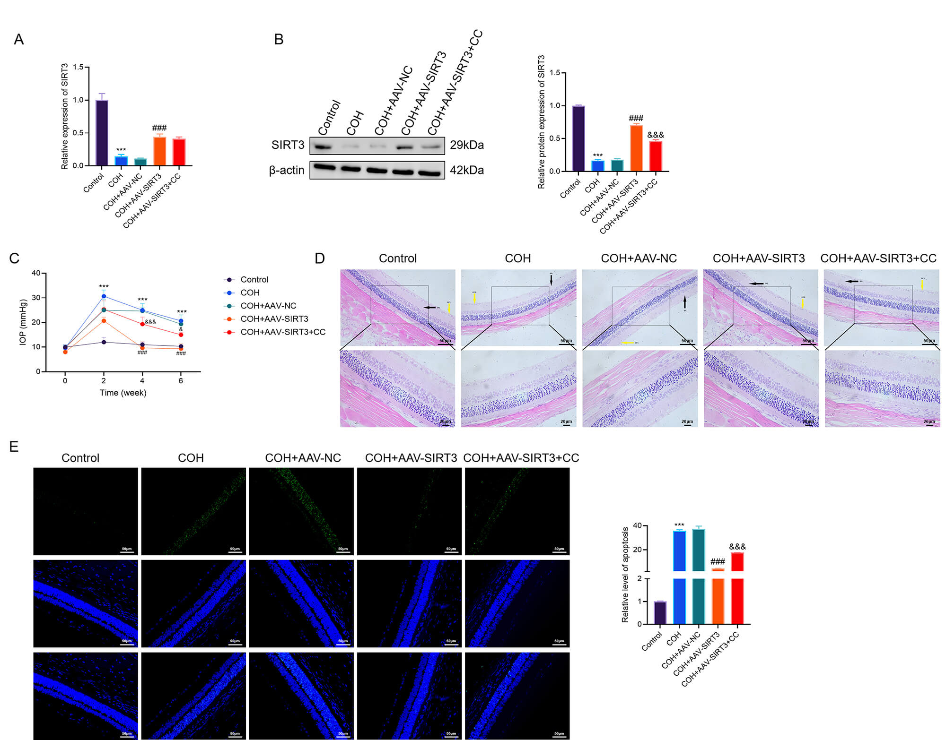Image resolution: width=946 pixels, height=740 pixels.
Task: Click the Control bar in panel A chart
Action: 102,133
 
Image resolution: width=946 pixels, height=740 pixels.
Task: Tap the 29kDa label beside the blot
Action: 466,145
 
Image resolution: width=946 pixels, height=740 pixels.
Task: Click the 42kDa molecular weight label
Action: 466,170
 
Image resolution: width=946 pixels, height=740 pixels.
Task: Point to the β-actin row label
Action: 287,170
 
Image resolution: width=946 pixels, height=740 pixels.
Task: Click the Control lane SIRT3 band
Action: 323,147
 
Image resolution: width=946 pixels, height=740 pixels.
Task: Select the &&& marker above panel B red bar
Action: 656,135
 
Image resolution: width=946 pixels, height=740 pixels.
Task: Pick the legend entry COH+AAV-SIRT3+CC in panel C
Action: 282,332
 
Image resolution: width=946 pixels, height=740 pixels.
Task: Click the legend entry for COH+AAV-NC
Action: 268,306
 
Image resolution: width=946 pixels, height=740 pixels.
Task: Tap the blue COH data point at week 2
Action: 104,296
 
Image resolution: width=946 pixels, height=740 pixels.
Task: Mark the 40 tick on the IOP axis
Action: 36,273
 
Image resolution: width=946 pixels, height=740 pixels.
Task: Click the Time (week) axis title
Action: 123,393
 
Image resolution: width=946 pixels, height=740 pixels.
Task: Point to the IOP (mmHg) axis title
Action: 23,322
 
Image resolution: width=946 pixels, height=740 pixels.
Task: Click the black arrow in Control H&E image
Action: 430,308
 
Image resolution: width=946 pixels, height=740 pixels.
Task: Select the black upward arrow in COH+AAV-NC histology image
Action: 684,302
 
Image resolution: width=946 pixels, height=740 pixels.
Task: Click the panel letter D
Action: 320,258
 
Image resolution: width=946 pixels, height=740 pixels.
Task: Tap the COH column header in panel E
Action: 191,458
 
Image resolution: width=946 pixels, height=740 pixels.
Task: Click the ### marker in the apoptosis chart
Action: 718,562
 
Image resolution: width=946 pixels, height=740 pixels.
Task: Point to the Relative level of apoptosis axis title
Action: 625,575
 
